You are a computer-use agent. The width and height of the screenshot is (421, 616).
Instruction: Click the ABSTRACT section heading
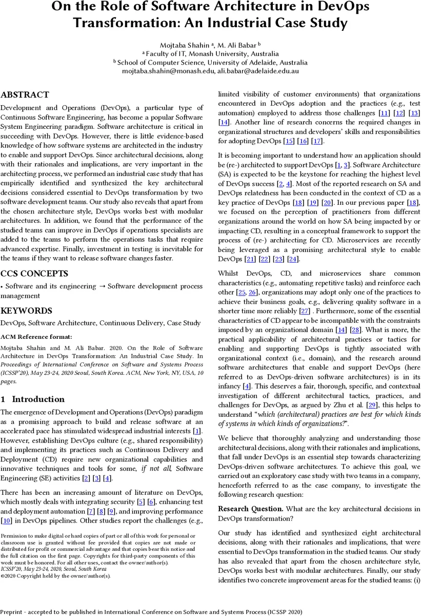click(25, 95)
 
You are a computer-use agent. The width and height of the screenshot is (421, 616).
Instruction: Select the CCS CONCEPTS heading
click(34, 274)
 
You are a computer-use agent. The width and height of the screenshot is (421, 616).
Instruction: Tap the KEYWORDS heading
click(26, 311)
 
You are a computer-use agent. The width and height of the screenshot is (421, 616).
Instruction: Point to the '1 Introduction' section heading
click(33, 399)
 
